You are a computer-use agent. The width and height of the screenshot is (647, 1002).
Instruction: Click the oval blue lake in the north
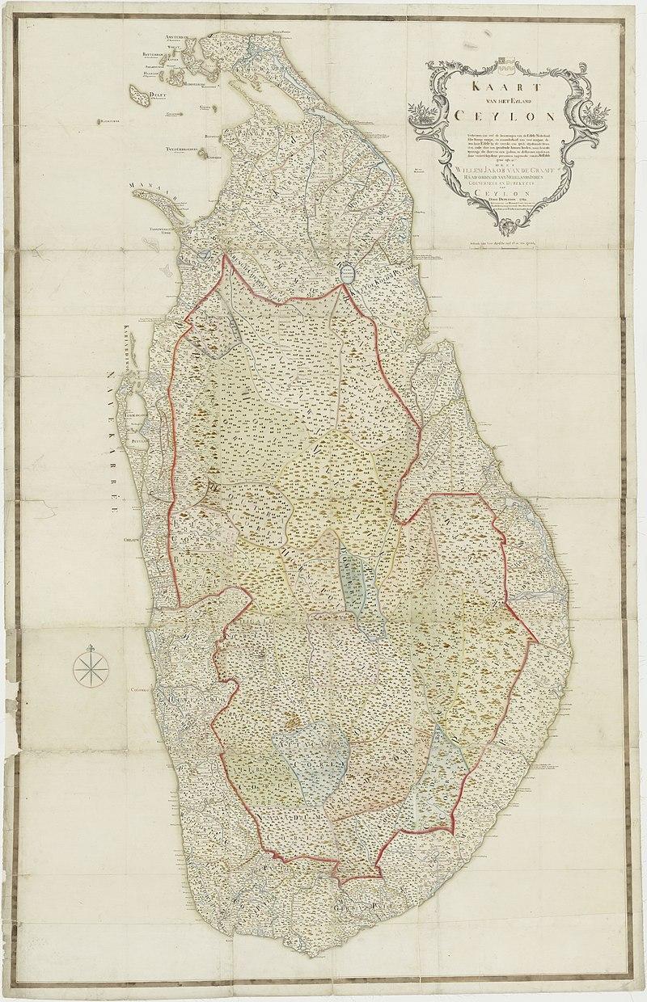coord(349,274)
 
